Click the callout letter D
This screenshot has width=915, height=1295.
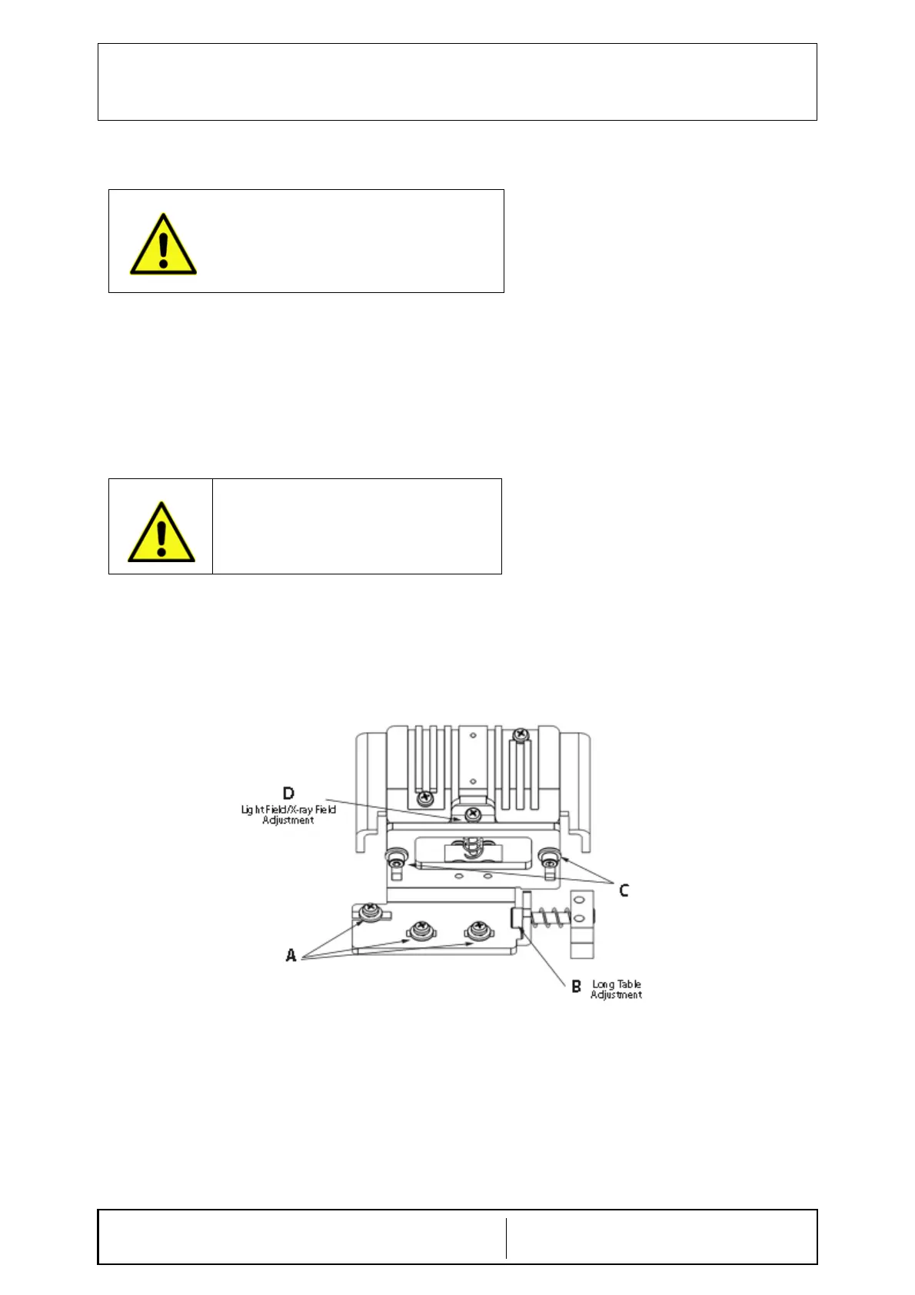click(288, 793)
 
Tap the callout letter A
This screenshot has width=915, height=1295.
click(291, 955)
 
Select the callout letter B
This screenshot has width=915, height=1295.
click(576, 986)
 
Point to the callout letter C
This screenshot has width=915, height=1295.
click(624, 890)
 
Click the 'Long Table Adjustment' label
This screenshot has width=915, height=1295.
click(616, 989)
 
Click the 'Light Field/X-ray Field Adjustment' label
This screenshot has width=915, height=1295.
click(288, 814)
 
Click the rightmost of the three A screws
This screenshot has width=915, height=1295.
click(478, 930)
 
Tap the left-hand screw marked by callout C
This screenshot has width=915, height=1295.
click(397, 857)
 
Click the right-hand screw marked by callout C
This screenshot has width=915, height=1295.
click(549, 856)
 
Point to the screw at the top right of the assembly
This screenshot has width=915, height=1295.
click(521, 735)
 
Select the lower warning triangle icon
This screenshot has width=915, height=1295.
click(161, 533)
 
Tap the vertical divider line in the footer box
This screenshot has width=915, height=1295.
click(506, 1237)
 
